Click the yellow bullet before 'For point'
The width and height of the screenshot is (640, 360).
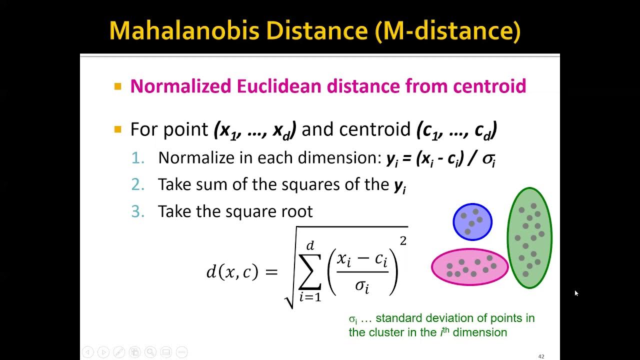coord(118,129)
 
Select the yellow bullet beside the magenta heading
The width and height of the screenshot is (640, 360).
coord(118,86)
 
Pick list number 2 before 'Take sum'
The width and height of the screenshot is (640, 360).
coord(137,184)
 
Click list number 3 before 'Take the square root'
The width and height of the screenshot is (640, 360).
coord(137,211)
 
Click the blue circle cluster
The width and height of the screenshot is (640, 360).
coord(472,221)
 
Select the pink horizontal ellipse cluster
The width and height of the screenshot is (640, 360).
coord(469,267)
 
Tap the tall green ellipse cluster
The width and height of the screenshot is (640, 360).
coord(529,237)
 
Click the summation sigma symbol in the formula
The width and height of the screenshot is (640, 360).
coord(309,273)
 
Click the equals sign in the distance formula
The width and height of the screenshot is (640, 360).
coord(270,272)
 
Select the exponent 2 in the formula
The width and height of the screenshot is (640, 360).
coord(403,241)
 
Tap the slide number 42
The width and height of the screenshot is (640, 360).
coord(541,356)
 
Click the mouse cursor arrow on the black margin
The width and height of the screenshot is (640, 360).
coord(576,293)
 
